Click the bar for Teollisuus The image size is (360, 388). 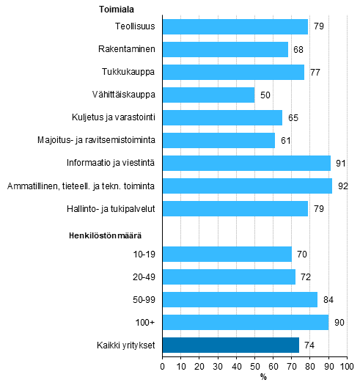(x=235, y=27)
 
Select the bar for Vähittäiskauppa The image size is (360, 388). (x=208, y=95)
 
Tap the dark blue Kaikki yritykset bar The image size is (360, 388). (x=230, y=345)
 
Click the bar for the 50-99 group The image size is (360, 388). (x=240, y=300)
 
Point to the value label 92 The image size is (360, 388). (x=341, y=186)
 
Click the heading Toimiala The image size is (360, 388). (x=117, y=10)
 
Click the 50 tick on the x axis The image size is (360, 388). (x=254, y=365)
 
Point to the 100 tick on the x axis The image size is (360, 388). (x=347, y=365)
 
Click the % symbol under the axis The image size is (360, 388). (x=264, y=377)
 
